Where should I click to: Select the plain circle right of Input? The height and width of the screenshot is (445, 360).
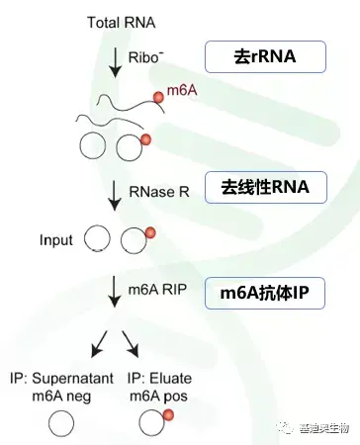click(97, 240)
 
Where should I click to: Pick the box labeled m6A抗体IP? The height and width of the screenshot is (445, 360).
click(264, 292)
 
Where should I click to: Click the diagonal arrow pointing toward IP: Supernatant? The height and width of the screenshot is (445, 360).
click(100, 343)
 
